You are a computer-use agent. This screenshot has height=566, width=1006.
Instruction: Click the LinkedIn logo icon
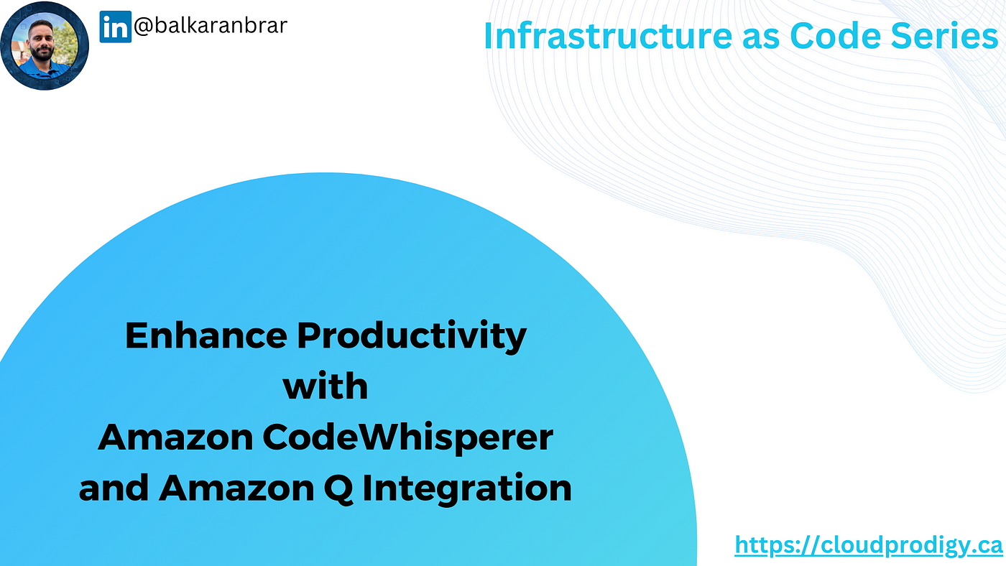pos(116,27)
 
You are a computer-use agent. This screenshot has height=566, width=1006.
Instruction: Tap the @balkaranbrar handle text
pos(210,25)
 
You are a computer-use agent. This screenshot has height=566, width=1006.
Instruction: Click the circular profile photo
pos(45,45)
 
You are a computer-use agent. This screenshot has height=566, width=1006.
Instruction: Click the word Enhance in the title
pos(206,335)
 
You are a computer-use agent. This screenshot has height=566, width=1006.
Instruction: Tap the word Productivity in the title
pos(412,337)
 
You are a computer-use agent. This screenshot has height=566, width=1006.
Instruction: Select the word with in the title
pos(326,386)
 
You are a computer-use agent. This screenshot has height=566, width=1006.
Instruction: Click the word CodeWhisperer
pos(408,439)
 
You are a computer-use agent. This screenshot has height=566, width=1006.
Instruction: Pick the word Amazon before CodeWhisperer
pos(175,437)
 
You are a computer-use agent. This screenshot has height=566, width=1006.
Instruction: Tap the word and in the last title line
pos(114,488)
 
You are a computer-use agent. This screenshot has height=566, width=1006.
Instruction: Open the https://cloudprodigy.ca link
pos(869,545)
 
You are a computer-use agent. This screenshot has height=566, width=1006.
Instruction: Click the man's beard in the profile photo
pos(42,53)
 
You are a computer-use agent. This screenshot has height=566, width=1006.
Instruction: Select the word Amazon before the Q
pos(236,488)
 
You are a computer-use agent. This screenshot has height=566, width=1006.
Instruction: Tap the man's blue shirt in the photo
pos(44,70)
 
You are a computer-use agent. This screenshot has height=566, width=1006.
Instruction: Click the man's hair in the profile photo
pos(42,25)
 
